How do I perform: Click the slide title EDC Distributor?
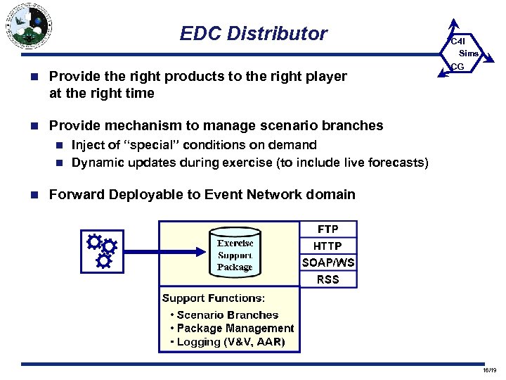click(x=253, y=33)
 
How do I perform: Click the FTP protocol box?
click(x=328, y=229)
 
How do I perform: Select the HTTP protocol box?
click(x=328, y=246)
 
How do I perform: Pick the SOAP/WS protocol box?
click(x=328, y=262)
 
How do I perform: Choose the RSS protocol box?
click(x=328, y=279)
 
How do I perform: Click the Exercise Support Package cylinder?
click(x=235, y=252)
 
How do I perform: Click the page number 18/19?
click(x=489, y=370)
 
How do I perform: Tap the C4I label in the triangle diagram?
click(x=458, y=41)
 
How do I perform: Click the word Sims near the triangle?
click(x=469, y=53)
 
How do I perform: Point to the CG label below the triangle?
click(x=458, y=67)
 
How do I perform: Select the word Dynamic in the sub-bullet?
click(x=99, y=163)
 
